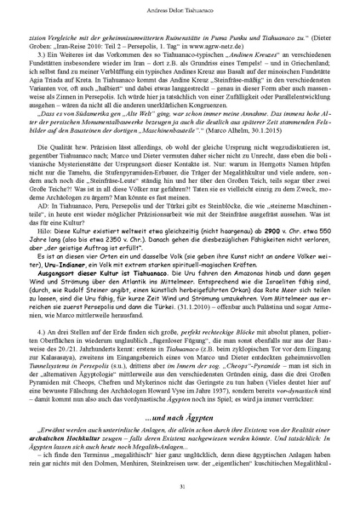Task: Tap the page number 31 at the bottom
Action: tap(180, 486)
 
